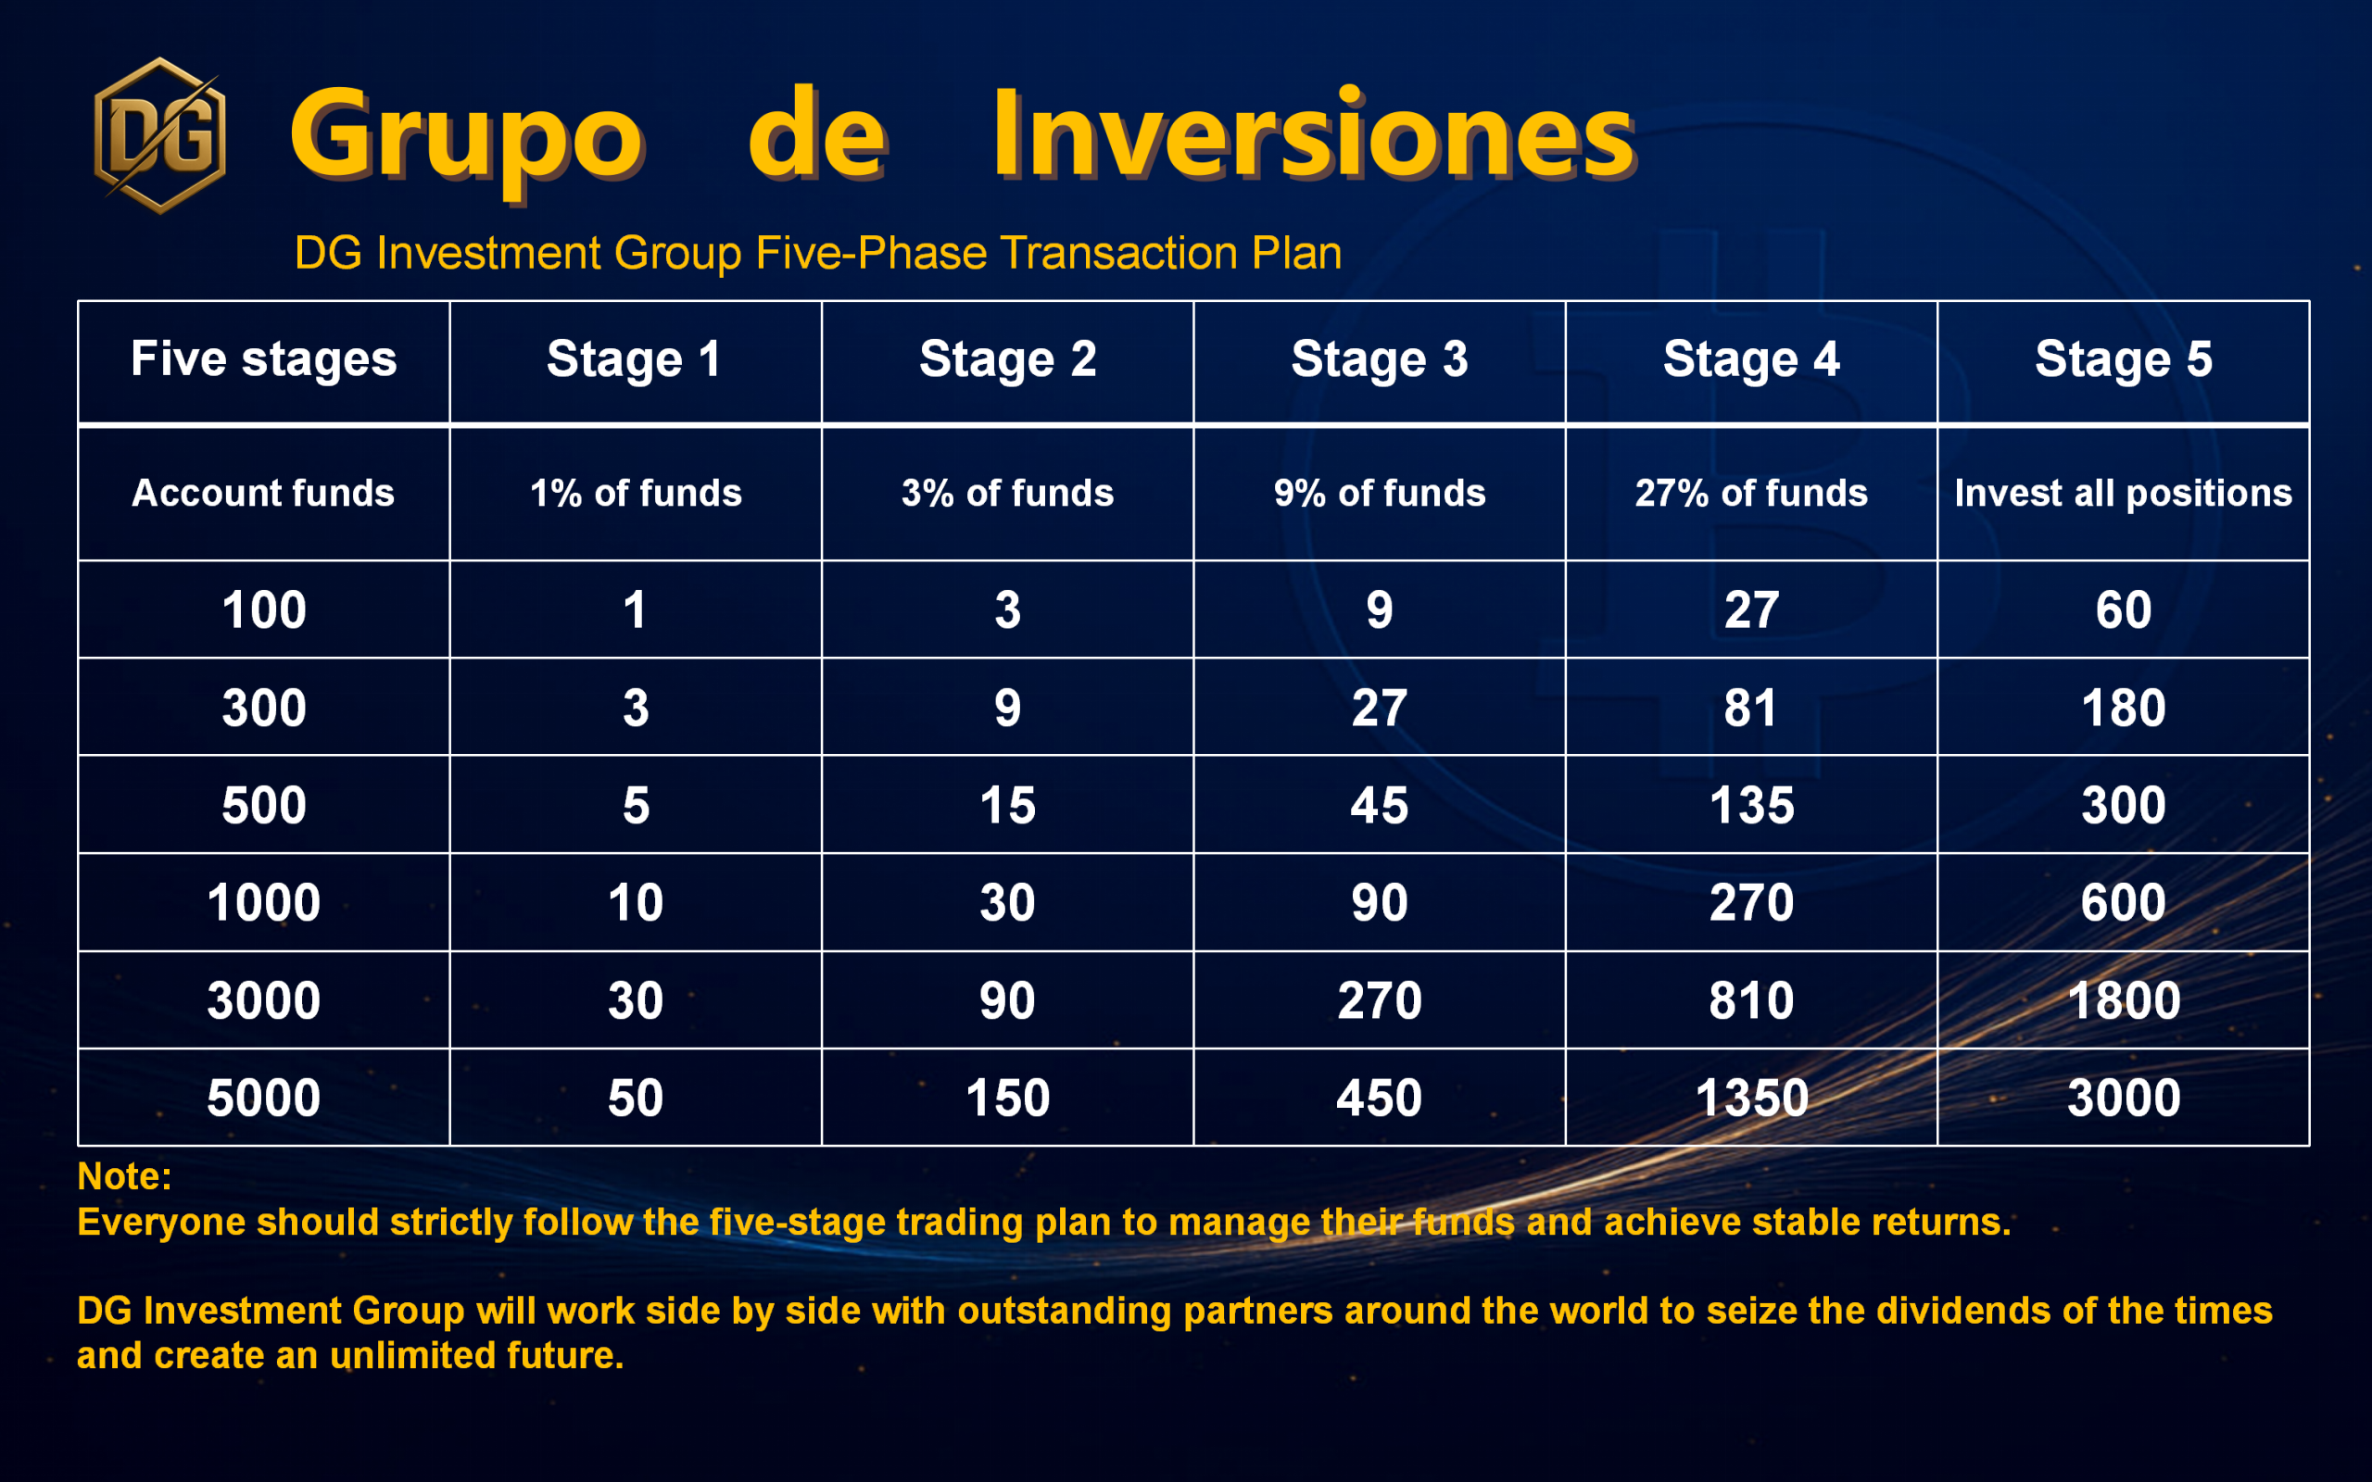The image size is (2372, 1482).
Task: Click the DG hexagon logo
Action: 159,135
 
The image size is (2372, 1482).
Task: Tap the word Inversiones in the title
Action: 1314,134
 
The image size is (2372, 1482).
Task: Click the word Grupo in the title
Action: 467,142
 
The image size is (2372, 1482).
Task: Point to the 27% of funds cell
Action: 1750,493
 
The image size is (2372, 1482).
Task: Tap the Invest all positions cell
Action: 2123,493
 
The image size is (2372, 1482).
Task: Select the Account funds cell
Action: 264,493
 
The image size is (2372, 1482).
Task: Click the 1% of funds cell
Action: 635,493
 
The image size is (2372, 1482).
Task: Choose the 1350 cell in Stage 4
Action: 1750,1098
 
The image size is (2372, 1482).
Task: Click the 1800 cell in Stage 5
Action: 2123,1000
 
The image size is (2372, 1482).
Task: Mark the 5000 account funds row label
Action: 264,1098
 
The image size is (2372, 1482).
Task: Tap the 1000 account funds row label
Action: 264,903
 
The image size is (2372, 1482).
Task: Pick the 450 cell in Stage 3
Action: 1379,1098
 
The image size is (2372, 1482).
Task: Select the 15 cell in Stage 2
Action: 1007,806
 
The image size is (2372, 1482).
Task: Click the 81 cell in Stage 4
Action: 1750,708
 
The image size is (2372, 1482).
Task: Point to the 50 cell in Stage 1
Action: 635,1098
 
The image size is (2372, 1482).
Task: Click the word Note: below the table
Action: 124,1176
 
